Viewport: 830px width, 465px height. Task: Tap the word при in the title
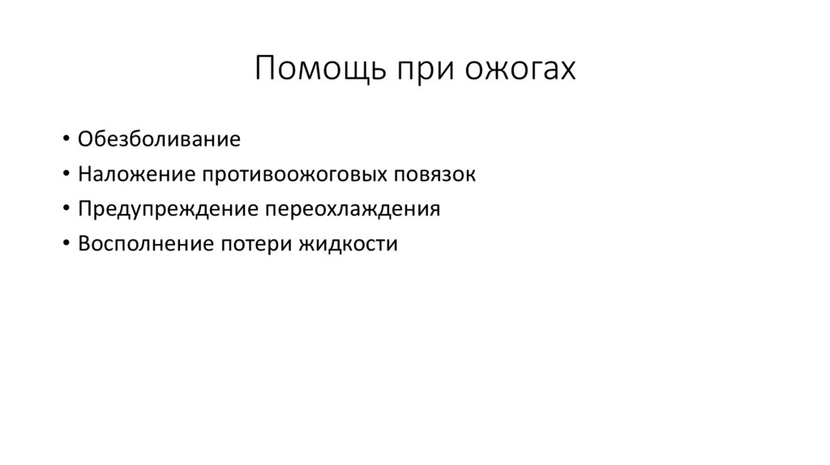click(424, 69)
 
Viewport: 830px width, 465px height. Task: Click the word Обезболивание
click(160, 139)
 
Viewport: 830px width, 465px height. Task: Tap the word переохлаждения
click(352, 209)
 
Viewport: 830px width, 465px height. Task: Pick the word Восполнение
click(141, 244)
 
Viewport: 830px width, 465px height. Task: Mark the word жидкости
click(347, 244)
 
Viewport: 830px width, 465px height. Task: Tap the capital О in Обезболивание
click(85, 139)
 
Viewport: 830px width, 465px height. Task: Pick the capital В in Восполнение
click(84, 244)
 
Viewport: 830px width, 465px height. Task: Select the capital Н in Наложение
click(85, 174)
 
